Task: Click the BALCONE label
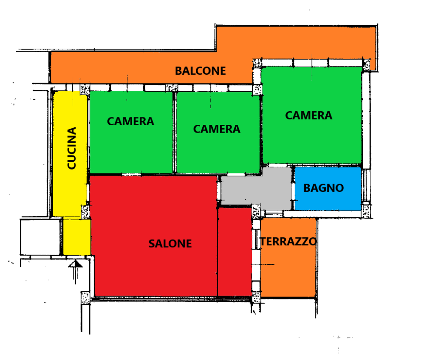coord(200,71)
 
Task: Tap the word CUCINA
coord(72,148)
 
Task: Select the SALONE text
coord(170,244)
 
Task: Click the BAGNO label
coord(324,188)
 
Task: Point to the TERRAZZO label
coord(288,242)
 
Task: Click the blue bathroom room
coord(328,189)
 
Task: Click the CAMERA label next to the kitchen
coord(130,121)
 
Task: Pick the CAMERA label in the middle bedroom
coord(217,129)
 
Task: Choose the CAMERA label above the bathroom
coord(308,116)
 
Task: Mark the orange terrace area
coord(288,258)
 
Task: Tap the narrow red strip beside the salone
coord(235,252)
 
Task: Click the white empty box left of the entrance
coord(40,237)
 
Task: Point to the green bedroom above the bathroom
coord(312,115)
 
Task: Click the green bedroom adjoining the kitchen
coord(131,132)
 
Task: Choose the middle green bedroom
coord(218,133)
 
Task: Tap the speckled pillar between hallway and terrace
coord(256,212)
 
